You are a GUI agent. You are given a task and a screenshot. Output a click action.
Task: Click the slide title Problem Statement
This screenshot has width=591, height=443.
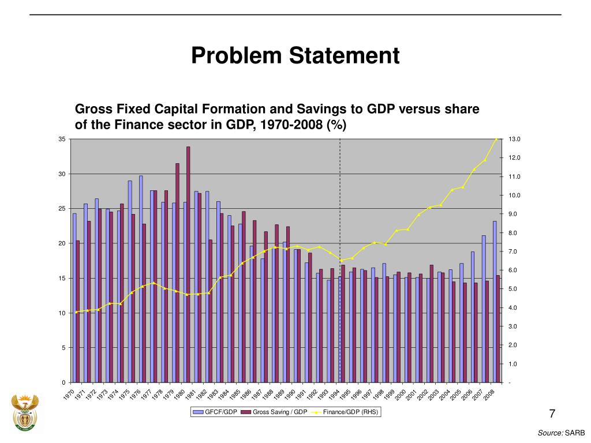(x=295, y=56)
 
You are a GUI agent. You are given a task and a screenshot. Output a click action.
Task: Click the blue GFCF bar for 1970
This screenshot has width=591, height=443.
(x=74, y=298)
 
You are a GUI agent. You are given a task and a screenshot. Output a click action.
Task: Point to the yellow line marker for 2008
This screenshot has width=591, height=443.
(x=496, y=139)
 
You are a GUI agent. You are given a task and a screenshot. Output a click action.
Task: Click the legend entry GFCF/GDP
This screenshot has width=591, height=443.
(x=215, y=412)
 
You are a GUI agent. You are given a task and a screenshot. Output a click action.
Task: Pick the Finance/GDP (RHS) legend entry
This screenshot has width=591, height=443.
(x=345, y=412)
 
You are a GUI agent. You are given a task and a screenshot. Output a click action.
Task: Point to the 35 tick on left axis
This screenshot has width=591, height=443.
(x=61, y=139)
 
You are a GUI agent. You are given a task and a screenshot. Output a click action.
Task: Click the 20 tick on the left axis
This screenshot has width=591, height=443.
(x=61, y=243)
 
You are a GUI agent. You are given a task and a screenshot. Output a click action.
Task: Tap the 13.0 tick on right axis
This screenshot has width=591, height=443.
(x=514, y=139)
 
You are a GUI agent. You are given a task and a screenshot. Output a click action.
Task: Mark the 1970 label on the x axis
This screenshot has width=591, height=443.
(x=69, y=395)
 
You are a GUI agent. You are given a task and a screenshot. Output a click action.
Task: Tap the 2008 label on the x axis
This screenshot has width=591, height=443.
(x=489, y=395)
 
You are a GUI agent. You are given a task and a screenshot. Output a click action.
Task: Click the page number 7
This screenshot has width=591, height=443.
(x=552, y=414)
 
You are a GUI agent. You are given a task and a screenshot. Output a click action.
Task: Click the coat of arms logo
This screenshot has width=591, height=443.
(x=25, y=413)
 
